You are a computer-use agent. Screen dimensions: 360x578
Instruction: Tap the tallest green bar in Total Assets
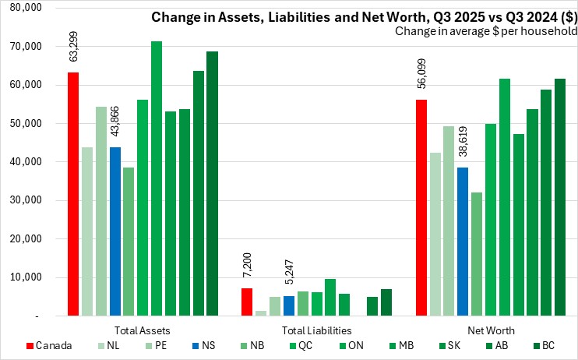click(x=157, y=178)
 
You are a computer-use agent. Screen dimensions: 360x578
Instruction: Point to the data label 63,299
click(x=73, y=46)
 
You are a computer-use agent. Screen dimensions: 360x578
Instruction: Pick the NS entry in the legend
click(x=212, y=345)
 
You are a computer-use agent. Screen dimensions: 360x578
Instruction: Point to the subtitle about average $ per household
click(x=485, y=32)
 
